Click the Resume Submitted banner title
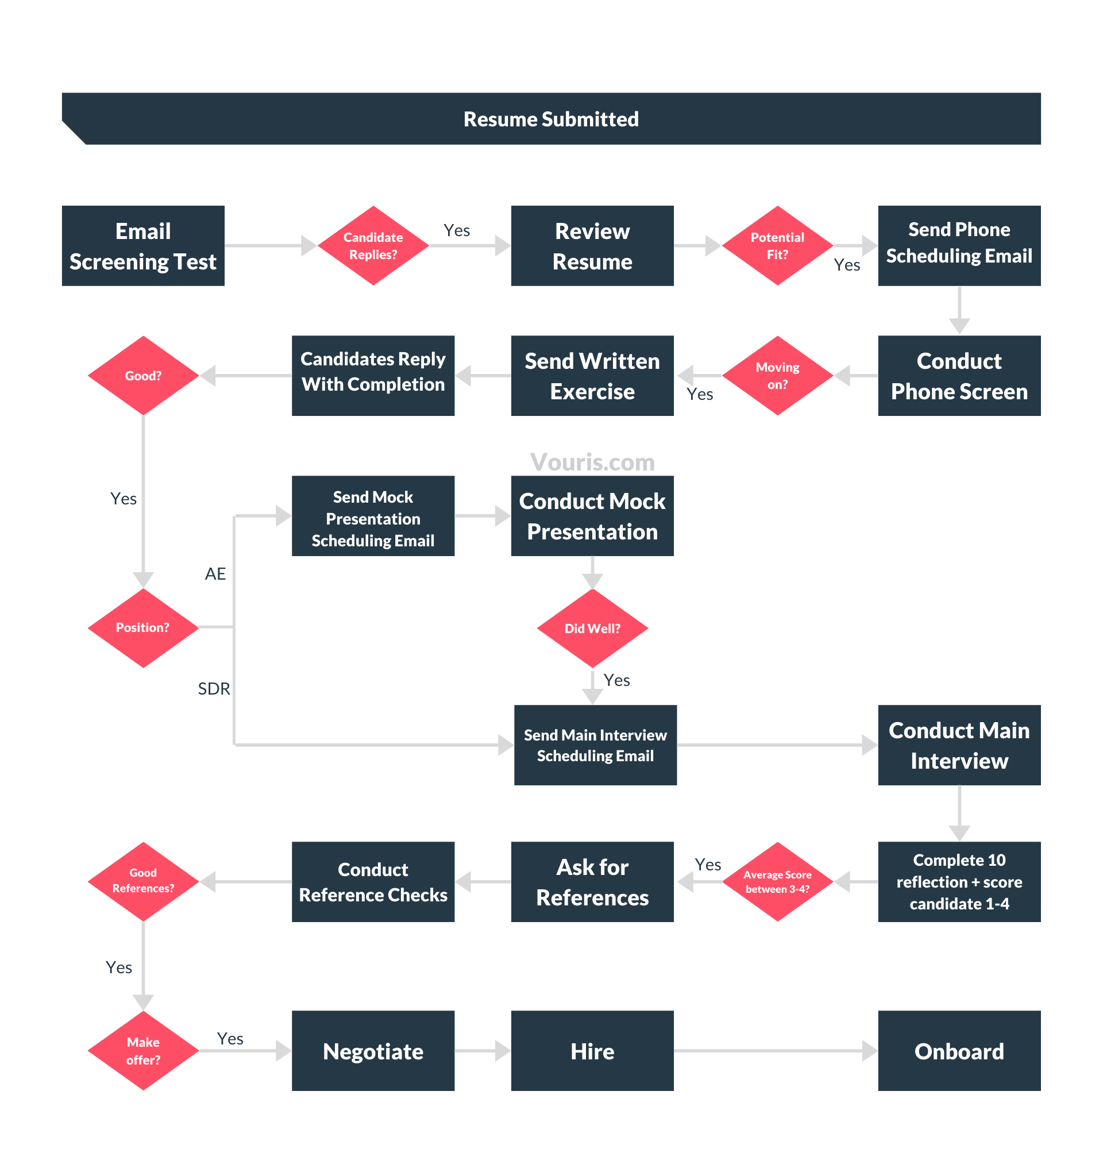(x=551, y=119)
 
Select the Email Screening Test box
(x=143, y=246)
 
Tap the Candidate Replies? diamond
(x=373, y=246)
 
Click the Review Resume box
(x=592, y=246)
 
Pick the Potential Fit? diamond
(x=777, y=246)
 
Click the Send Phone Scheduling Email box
(x=959, y=246)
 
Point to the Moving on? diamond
(x=777, y=376)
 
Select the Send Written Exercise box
(x=592, y=376)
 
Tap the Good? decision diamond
(x=143, y=376)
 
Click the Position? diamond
(x=143, y=628)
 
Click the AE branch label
(x=215, y=573)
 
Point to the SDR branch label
(x=213, y=688)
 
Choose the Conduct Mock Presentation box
(x=592, y=516)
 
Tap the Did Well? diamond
(x=592, y=629)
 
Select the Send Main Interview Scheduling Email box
(x=595, y=745)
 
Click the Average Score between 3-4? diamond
(x=777, y=882)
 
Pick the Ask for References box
(x=592, y=882)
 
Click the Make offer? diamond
(x=143, y=1051)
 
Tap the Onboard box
(x=959, y=1051)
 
